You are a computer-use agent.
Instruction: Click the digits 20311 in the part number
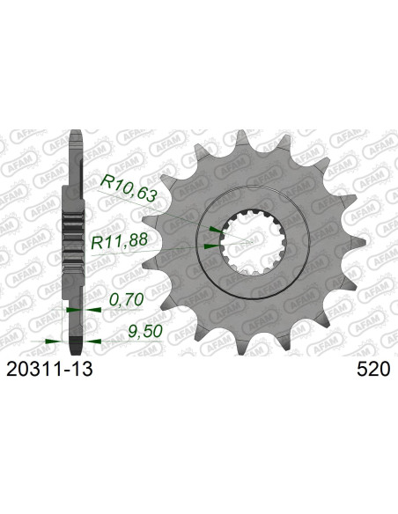39,371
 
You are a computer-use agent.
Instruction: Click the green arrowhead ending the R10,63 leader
213,230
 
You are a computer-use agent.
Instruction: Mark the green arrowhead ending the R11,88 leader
209,246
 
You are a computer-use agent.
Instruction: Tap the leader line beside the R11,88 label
176,248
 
